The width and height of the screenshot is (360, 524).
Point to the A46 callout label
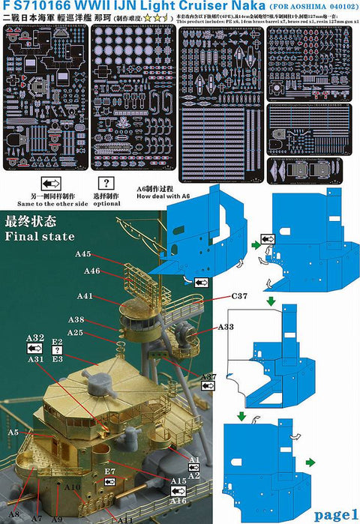pos(92,271)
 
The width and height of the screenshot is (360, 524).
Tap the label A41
pos(85,296)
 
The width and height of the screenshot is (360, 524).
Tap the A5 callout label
pos(13,433)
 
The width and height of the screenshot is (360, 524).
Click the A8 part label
pos(13,514)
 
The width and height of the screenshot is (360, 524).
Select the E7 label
pos(109,471)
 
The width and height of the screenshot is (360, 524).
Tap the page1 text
pos(336,514)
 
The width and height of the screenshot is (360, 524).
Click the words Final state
pos(40,237)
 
